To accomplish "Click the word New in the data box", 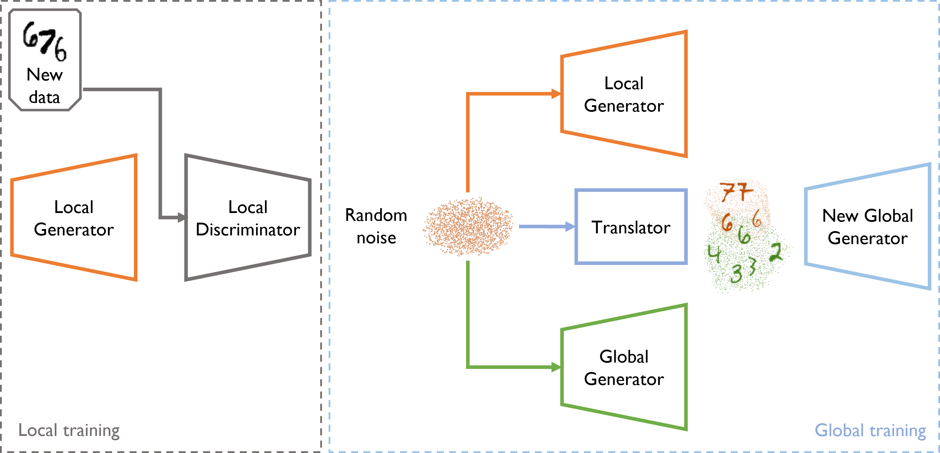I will point(45,75).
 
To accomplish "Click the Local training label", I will point(69,430).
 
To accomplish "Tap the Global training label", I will point(870,430).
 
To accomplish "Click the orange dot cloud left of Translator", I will point(468,227).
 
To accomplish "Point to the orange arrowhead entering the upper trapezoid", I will point(555,94).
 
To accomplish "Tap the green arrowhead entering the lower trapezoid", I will point(555,367).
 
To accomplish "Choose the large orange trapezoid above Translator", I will point(624,94).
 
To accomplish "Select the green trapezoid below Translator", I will point(624,367).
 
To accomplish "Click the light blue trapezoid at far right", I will point(868,227).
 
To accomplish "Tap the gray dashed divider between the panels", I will point(321,227).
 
